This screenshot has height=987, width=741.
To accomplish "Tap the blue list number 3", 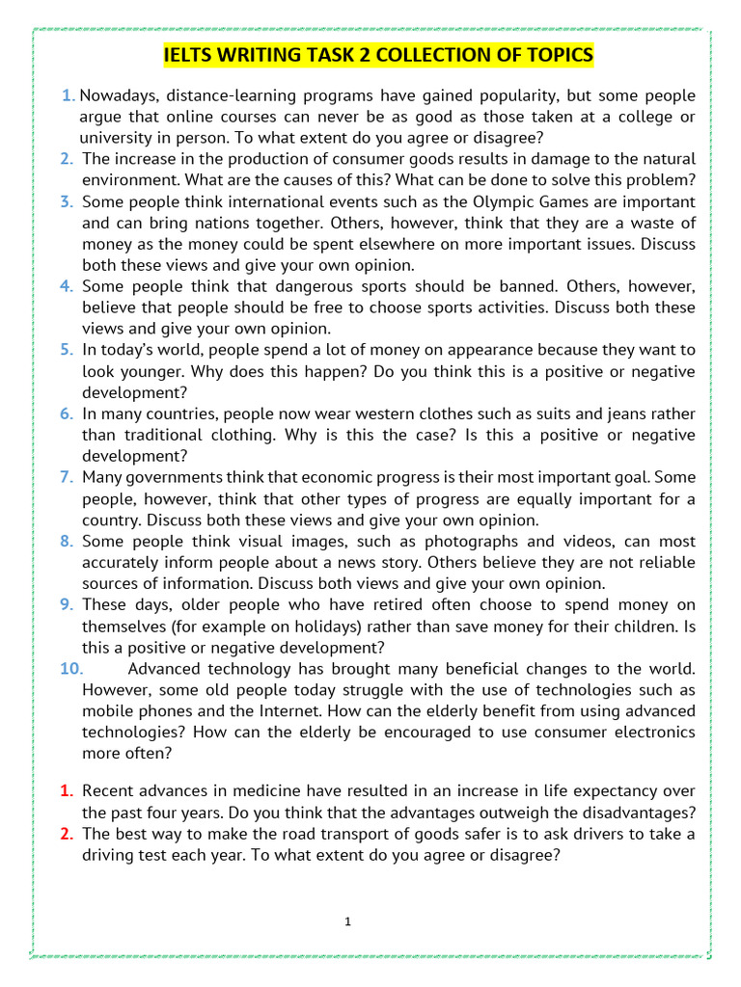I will (x=66, y=201).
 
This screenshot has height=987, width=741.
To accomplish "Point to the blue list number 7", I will (x=66, y=477).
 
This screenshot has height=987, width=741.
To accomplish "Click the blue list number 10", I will (x=71, y=668).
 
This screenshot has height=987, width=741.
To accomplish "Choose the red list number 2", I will (x=66, y=833).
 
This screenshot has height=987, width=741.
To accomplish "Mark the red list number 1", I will (x=66, y=790).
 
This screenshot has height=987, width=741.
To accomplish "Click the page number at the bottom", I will (x=347, y=922).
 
